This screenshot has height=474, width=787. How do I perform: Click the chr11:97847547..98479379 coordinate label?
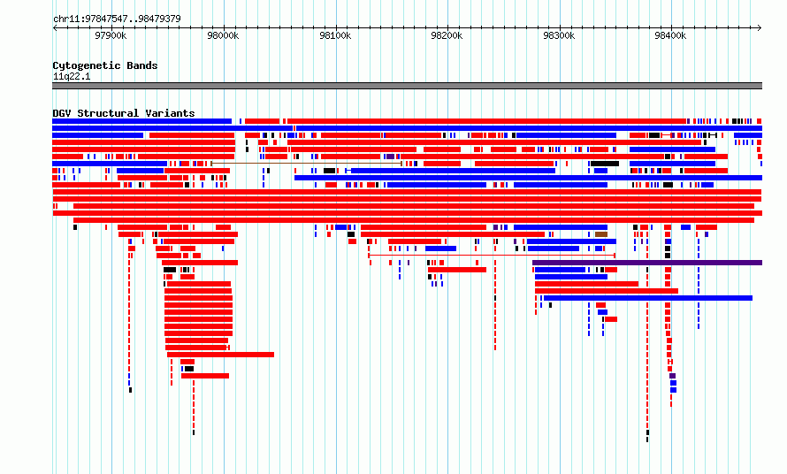(117, 19)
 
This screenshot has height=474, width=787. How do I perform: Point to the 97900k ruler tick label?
(111, 35)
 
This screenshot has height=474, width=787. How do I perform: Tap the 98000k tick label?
(223, 35)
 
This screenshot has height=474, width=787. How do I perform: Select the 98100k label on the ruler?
(335, 35)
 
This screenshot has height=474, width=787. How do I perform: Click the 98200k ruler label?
(447, 35)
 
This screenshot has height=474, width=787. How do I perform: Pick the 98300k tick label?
(559, 35)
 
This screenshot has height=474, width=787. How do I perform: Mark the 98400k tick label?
(670, 35)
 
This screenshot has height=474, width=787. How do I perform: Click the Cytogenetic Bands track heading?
(105, 65)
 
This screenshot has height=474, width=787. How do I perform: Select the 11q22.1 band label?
(72, 76)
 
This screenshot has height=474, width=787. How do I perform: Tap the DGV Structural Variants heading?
(124, 113)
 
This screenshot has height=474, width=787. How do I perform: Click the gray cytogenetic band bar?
(407, 86)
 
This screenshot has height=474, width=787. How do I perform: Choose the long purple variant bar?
(647, 263)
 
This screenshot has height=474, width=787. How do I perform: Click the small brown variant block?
(601, 234)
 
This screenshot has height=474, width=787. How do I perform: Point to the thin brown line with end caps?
(306, 164)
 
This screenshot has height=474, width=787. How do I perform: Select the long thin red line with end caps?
(492, 256)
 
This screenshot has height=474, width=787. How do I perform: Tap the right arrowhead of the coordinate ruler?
(760, 28)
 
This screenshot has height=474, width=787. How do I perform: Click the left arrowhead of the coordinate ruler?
(55, 28)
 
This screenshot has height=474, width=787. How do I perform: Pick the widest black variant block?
(605, 164)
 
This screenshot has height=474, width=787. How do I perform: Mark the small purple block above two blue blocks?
(673, 376)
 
